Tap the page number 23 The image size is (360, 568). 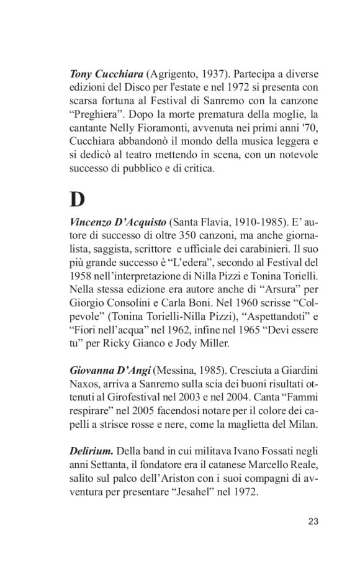(x=313, y=521)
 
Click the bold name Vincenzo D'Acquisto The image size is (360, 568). (x=118, y=222)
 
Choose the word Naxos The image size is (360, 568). (x=84, y=384)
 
